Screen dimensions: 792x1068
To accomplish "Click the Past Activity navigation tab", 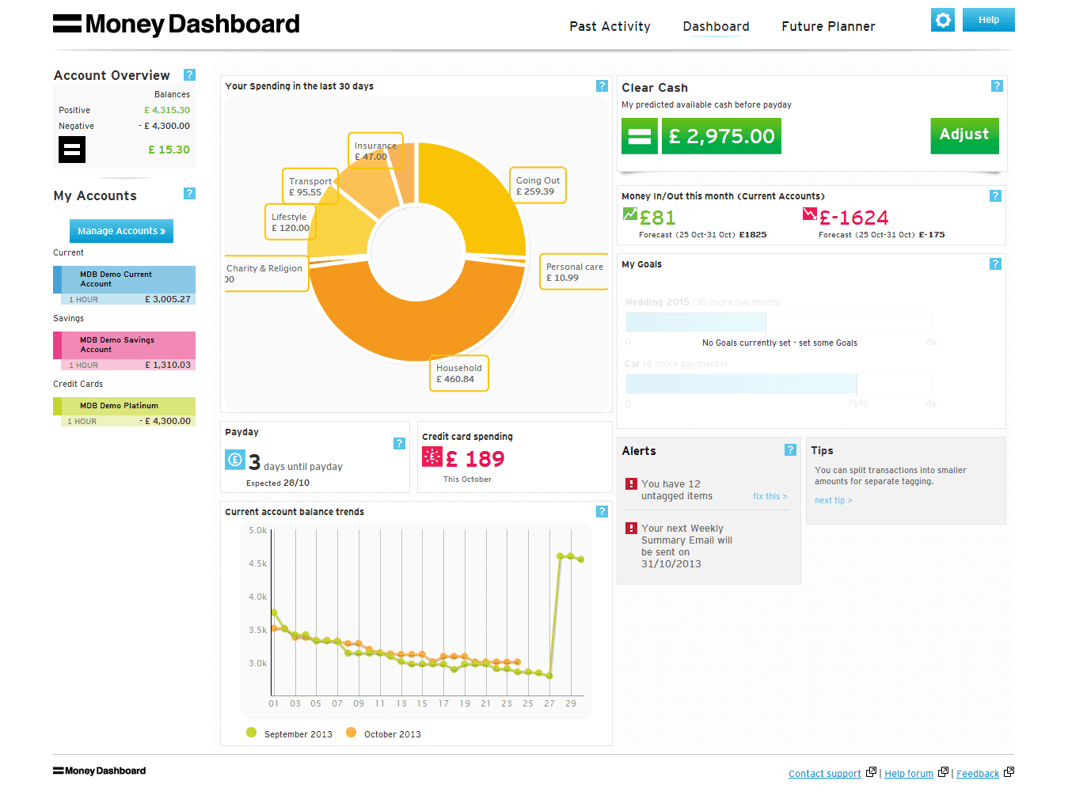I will [x=610, y=27].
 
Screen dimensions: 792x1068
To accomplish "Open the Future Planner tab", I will [x=828, y=27].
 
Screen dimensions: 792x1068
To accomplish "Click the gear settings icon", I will [x=942, y=20].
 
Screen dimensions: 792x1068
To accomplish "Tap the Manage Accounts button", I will [x=121, y=231].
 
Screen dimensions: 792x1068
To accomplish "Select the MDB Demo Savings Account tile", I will [x=124, y=346].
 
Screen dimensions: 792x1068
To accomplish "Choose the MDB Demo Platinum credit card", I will [x=124, y=406].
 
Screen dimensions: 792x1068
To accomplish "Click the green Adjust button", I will [x=963, y=135].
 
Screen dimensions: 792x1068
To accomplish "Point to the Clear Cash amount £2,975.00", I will [x=721, y=136].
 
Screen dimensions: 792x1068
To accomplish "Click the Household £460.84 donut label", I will [x=458, y=373].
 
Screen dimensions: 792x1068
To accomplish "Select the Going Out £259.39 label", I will [x=538, y=186].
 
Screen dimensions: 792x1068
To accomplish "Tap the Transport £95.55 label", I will [x=310, y=187].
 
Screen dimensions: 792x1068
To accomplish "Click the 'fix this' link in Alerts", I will [x=770, y=496].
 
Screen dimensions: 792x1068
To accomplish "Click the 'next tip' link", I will [x=833, y=500].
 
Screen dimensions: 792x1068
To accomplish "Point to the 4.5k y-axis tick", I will [x=258, y=564].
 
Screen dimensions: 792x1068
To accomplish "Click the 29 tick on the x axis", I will [x=571, y=703].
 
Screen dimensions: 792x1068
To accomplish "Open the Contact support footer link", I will [x=824, y=774].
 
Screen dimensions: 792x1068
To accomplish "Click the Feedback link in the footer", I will [x=977, y=774].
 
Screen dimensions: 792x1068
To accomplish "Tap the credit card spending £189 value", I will [x=474, y=459].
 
